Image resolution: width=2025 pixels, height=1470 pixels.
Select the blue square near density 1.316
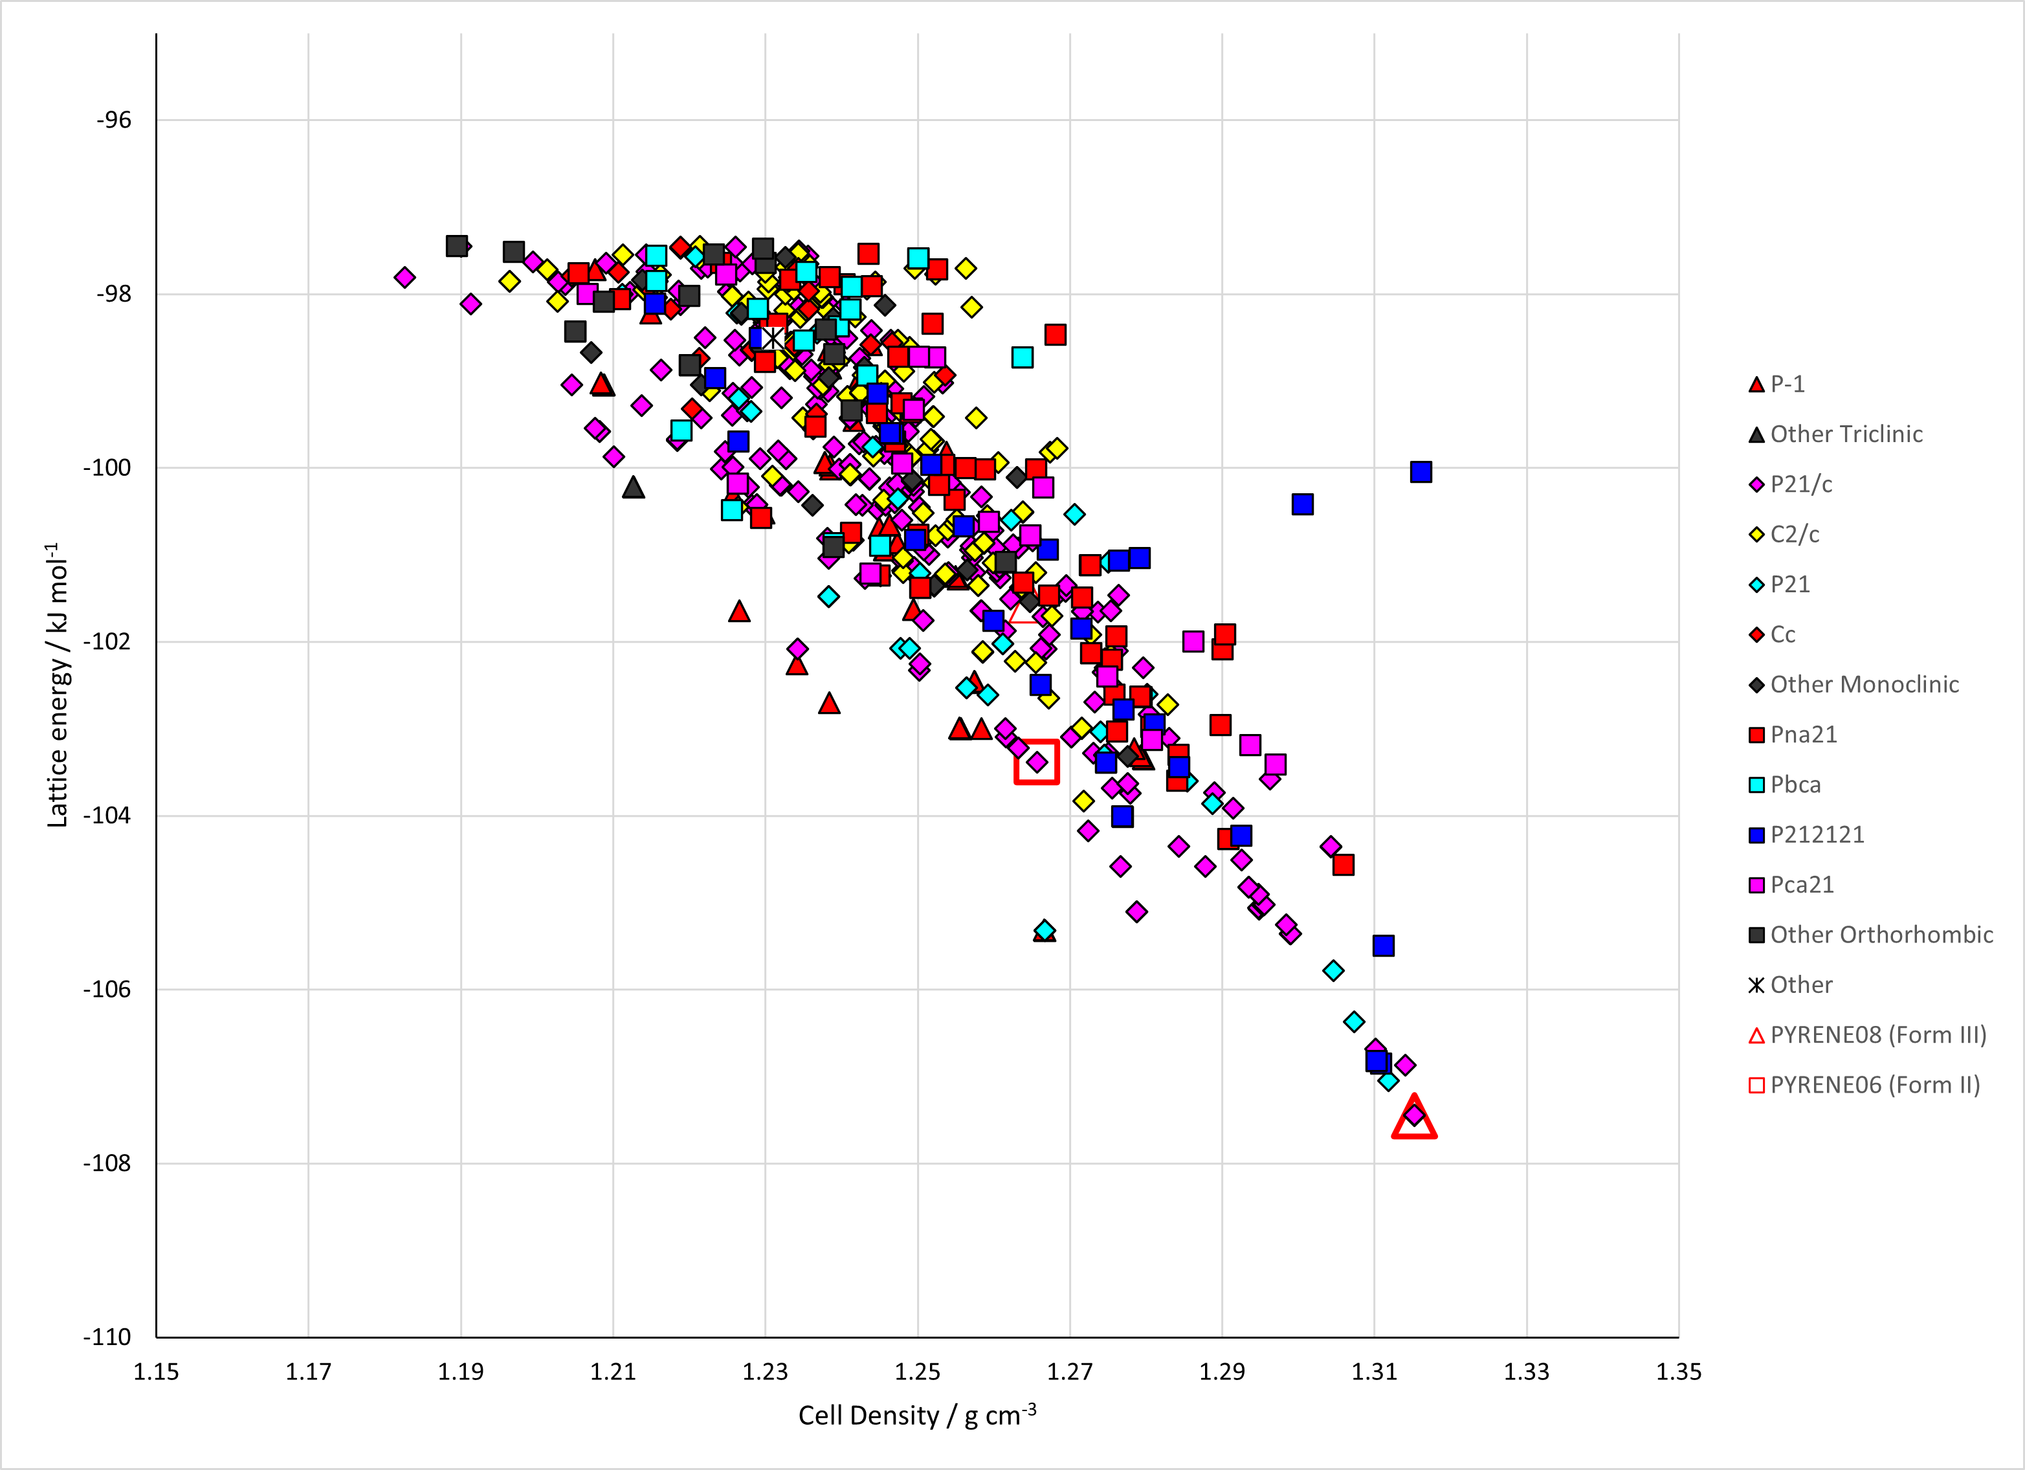coord(1421,471)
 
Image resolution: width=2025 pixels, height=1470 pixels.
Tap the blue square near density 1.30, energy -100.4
coord(1303,505)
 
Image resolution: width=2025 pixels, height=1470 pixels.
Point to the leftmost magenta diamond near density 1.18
coord(404,277)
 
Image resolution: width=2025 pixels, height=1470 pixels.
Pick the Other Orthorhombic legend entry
coord(1870,935)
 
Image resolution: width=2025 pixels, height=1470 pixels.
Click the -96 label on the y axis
coord(113,120)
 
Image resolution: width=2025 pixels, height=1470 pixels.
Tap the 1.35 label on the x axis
coord(1679,1372)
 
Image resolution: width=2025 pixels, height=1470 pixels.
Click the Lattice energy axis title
coord(57,684)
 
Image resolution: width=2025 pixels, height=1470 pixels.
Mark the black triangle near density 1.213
coord(633,487)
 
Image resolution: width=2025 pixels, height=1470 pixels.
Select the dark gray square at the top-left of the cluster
coord(456,245)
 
